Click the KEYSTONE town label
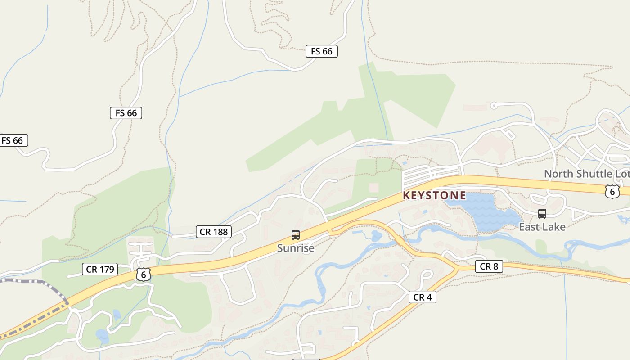[434, 196]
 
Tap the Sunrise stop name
[295, 248]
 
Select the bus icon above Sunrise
[295, 234]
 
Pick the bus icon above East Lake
[542, 214]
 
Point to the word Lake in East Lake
[554, 227]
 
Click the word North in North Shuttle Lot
[558, 174]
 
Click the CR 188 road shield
[214, 232]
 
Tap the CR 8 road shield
[489, 266]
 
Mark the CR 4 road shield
[422, 297]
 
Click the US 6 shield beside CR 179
[143, 274]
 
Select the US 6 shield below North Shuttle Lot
[612, 192]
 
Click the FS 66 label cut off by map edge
[13, 140]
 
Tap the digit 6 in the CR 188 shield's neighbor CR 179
[143, 274]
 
